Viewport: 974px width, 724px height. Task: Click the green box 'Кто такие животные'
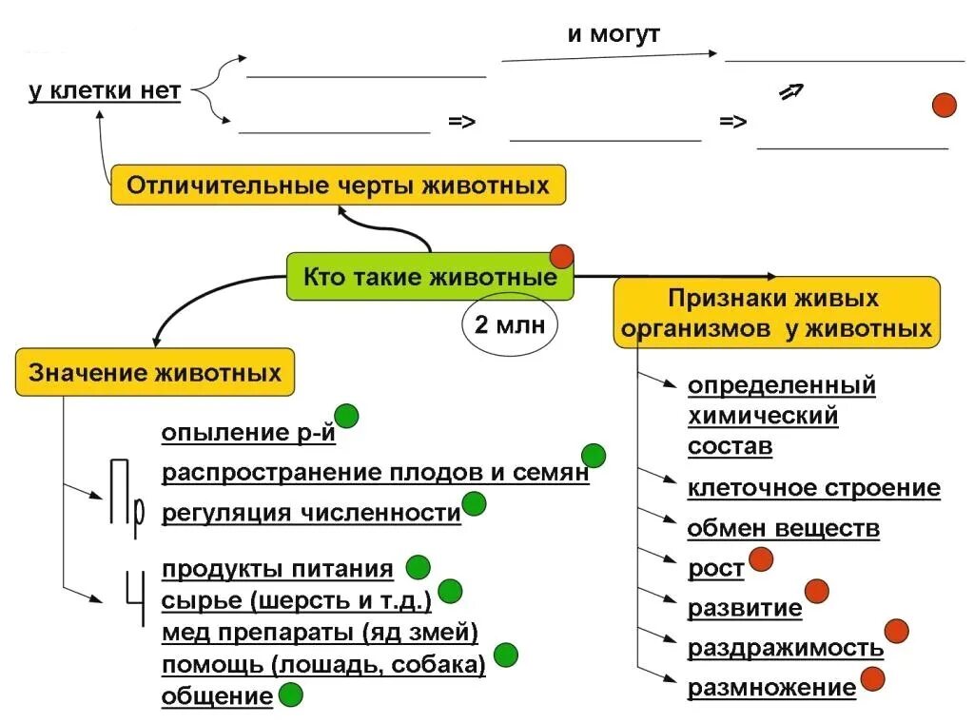click(x=430, y=277)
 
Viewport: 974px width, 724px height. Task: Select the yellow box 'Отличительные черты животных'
click(x=338, y=185)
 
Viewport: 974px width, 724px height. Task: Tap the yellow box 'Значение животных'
click(x=155, y=372)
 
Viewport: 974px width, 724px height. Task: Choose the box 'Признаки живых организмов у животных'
click(x=775, y=314)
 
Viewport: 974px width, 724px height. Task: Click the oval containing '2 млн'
click(x=509, y=325)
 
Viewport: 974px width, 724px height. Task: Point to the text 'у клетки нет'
click(x=105, y=92)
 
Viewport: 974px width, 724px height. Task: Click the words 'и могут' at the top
click(x=614, y=35)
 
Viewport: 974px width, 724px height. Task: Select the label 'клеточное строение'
click(x=813, y=489)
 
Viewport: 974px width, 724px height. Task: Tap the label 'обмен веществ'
click(x=783, y=529)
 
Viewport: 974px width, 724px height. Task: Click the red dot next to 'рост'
click(x=761, y=560)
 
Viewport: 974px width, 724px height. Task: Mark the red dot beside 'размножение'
click(x=872, y=679)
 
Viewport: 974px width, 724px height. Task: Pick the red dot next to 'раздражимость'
click(x=897, y=630)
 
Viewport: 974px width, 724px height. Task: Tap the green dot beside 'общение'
click(x=290, y=695)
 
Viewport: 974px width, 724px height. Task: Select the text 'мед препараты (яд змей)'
click(x=320, y=633)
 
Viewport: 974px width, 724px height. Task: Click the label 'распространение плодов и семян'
click(x=375, y=473)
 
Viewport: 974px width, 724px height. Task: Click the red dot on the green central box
click(x=562, y=256)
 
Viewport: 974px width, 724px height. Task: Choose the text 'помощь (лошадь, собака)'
click(x=323, y=665)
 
